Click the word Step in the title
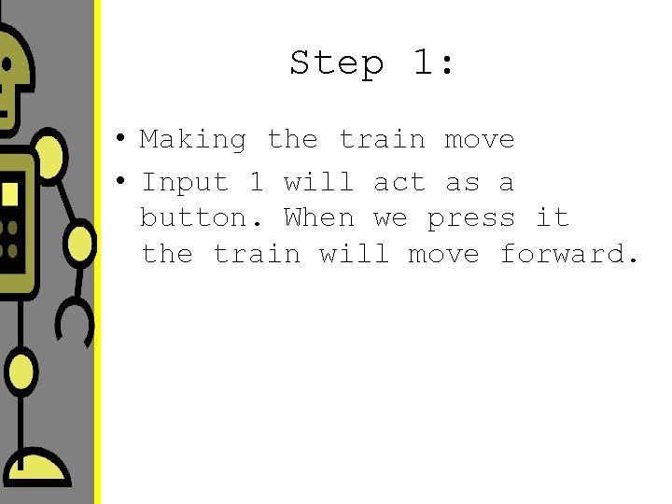336,64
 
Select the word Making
193,140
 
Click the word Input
185,183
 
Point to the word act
399,183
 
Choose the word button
193,218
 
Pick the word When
319,218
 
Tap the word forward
569,254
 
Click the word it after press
552,218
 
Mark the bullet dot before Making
121,141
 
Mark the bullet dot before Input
121,183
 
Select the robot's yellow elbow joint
80,244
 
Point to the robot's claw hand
75,322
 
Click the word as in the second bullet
462,183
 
